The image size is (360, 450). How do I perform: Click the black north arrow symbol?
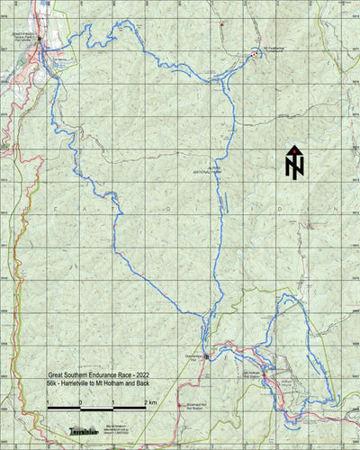(294, 162)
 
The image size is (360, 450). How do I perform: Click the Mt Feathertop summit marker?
(256, 54)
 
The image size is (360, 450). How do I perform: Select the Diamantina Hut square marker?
(206, 356)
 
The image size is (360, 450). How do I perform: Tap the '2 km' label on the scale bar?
(151, 401)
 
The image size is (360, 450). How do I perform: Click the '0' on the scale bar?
(80, 401)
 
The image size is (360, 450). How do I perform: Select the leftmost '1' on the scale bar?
(48, 401)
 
